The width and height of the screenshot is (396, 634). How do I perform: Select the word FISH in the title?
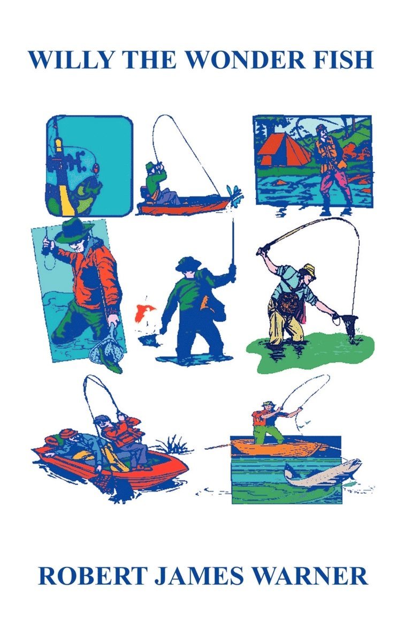point(342,60)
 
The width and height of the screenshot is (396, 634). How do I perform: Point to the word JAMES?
point(199,576)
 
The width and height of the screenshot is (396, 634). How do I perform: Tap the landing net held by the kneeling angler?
point(348,323)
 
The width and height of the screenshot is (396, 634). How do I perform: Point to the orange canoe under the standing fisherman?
point(279,448)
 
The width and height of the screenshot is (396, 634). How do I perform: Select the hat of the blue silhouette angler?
point(188,263)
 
